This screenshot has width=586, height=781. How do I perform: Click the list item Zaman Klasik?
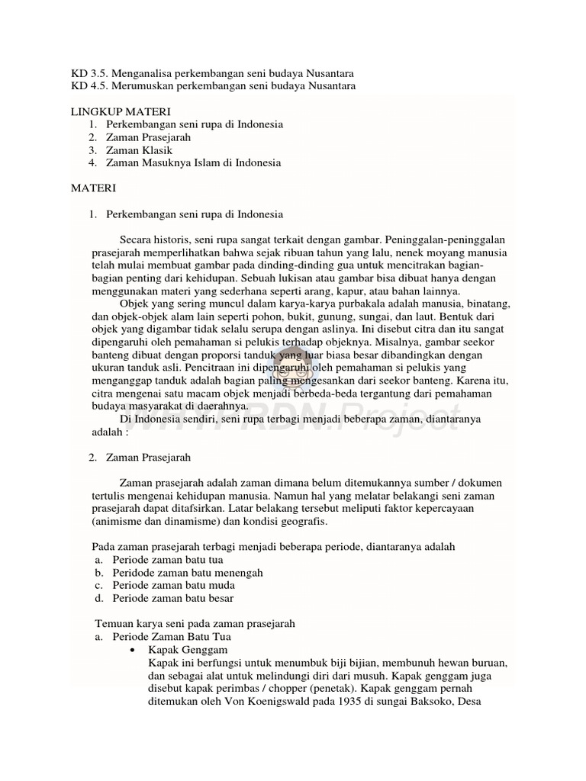[139, 149]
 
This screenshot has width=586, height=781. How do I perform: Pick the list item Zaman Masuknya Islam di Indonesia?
[194, 162]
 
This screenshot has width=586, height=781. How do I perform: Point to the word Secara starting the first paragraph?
[135, 240]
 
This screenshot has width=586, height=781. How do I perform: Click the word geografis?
[304, 522]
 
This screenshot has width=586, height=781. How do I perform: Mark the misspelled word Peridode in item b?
[134, 572]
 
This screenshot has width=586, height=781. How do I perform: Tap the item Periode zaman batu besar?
[173, 598]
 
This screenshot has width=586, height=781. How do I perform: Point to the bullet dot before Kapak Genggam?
[134, 649]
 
